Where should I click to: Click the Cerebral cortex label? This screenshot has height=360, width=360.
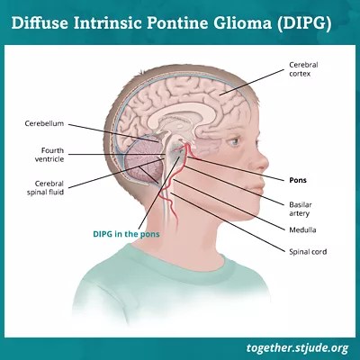pos(303,69)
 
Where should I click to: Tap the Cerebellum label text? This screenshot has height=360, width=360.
pos(44,123)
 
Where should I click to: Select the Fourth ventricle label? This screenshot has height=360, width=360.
pos(49,155)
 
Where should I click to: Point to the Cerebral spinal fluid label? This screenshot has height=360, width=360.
pos(45,188)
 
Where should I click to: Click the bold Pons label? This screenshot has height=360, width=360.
pos(298,180)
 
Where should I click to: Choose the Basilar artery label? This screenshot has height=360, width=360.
pos(301,209)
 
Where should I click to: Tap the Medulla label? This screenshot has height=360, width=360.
pos(302,230)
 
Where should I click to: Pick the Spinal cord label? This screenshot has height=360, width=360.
pos(308,252)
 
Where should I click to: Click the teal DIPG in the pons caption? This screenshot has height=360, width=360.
pos(126,234)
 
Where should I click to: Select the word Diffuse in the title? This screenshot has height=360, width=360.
pos(40,23)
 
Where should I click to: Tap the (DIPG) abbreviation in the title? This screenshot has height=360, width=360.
pos(303,23)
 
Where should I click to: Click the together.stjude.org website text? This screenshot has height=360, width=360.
pos(297,348)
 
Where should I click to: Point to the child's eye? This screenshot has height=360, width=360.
pos(235,140)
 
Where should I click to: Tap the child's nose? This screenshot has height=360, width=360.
pos(258,160)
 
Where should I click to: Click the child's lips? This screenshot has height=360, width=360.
pos(256,186)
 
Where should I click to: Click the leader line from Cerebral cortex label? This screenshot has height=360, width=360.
pos(251,82)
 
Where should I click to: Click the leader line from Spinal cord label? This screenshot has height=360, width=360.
pos(227,222)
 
